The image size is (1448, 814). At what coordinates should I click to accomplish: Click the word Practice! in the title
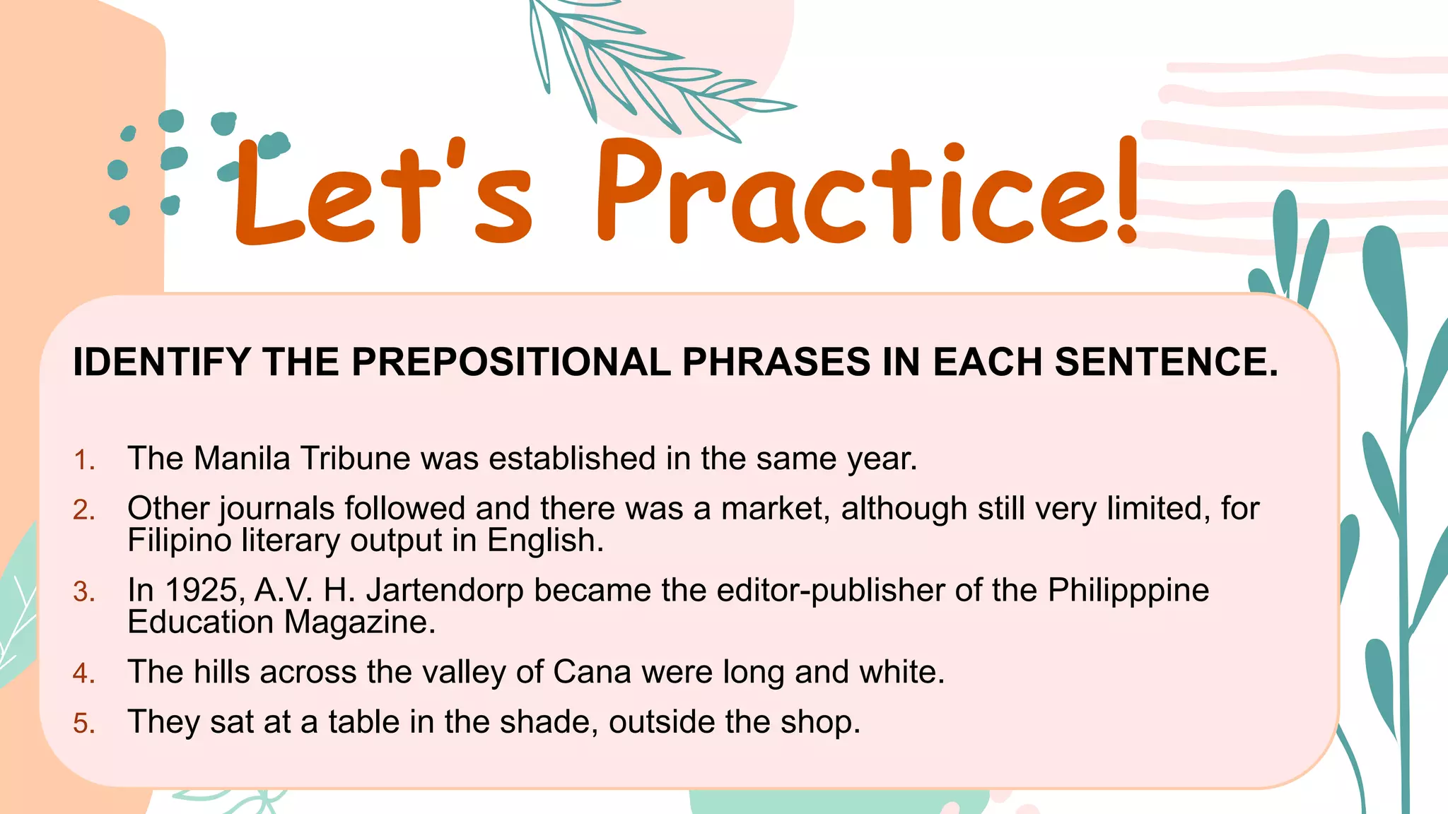866,191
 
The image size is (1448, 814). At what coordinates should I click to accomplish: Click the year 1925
204,590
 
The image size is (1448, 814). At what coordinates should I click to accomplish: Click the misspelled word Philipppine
1128,591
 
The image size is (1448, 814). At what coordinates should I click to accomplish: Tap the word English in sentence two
545,541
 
